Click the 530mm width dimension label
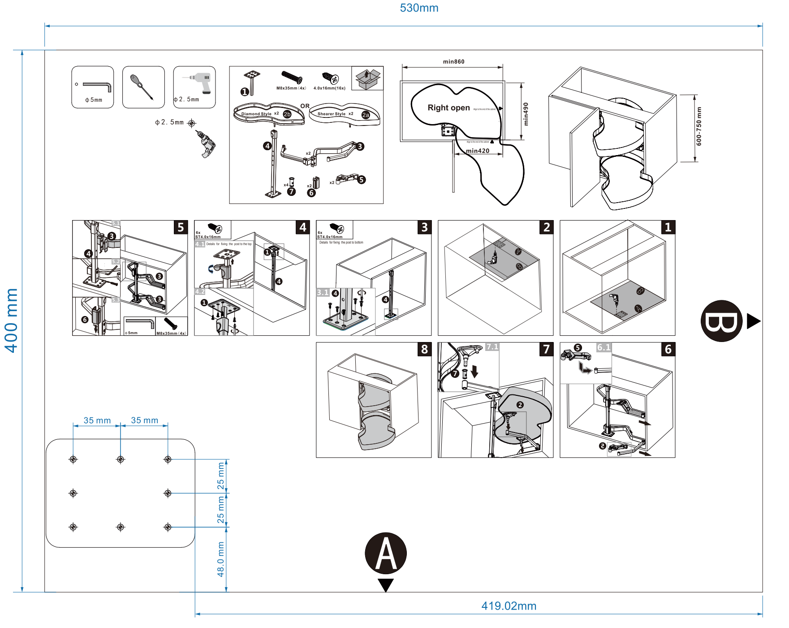tap(419, 8)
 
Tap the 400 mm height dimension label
tap(11, 320)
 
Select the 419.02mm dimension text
tap(509, 606)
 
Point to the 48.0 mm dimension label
tap(220, 559)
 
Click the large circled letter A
tap(385, 553)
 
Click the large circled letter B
tap(721, 321)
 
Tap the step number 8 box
tap(424, 349)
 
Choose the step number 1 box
tap(668, 227)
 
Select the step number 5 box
tap(181, 227)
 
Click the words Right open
tap(448, 108)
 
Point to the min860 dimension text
tap(453, 62)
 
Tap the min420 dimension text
tap(478, 151)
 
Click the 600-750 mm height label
tap(699, 126)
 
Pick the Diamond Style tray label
tap(256, 114)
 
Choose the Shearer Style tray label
tap(331, 114)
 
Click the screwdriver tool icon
tap(143, 87)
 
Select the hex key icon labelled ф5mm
tap(93, 87)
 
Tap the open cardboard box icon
tap(367, 78)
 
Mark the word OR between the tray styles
tap(305, 106)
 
